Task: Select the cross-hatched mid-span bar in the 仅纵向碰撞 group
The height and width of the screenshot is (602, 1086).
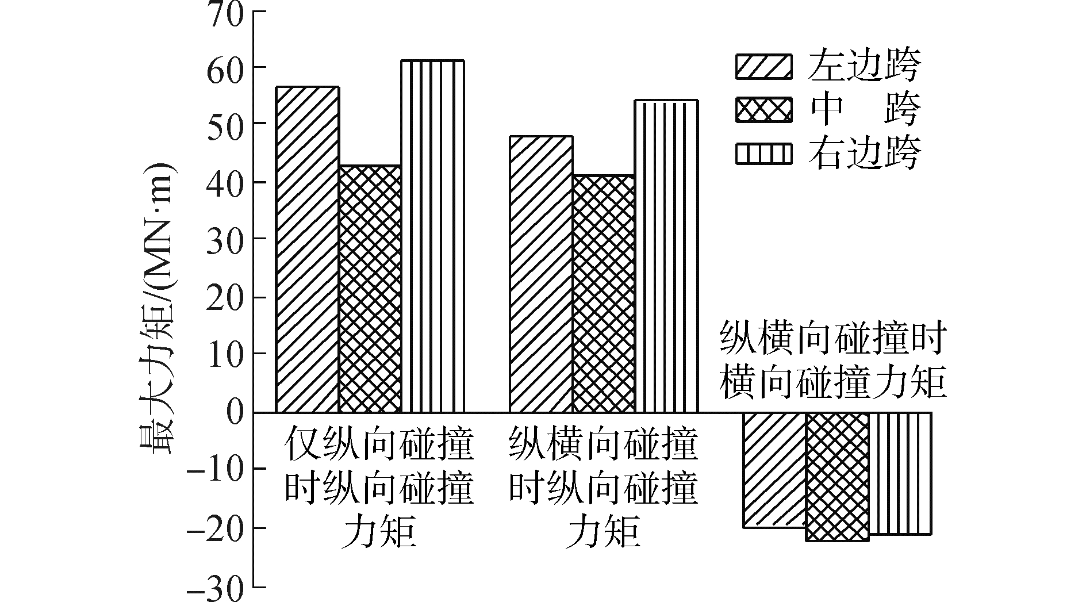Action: [x=370, y=289]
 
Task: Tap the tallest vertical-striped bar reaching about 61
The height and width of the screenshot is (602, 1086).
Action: [x=432, y=236]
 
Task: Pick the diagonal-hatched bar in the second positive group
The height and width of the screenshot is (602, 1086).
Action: [x=540, y=274]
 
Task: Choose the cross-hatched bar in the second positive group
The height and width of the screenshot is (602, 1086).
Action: [x=603, y=293]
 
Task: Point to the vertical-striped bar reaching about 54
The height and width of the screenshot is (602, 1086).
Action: [x=666, y=256]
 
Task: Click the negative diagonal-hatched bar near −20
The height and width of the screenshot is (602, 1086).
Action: [x=774, y=470]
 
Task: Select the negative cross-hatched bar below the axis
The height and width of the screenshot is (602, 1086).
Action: [x=836, y=477]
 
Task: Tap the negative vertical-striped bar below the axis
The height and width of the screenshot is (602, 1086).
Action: [x=899, y=473]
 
